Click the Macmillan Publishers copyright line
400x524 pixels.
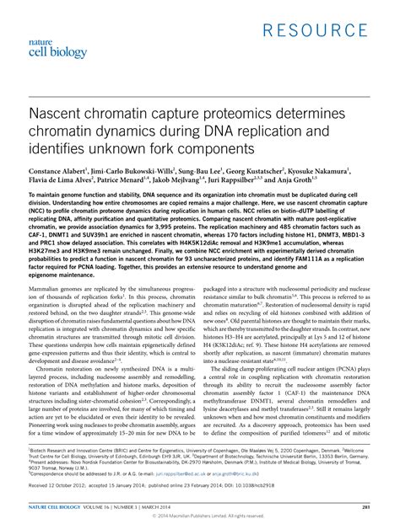tap(199, 518)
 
